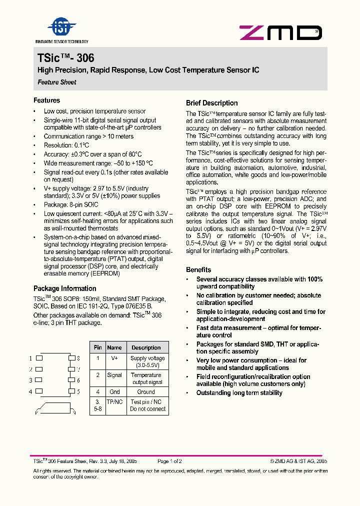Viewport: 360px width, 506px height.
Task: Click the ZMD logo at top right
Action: pyautogui.click(x=280, y=33)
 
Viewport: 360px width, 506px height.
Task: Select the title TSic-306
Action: pyautogui.click(x=65, y=58)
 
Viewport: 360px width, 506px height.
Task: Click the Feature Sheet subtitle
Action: pyautogui.click(x=57, y=82)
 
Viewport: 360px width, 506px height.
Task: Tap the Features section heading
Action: pyautogui.click(x=46, y=100)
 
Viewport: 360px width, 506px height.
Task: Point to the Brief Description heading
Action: pyautogui.click(x=211, y=103)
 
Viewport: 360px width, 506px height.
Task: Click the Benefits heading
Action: pyautogui.click(x=198, y=269)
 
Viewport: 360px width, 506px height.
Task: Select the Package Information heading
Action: pyautogui.click(x=64, y=288)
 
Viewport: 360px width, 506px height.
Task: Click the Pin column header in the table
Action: pyautogui.click(x=98, y=347)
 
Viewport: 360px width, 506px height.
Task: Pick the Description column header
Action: pyautogui.click(x=146, y=347)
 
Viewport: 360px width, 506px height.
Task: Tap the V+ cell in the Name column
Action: pyautogui.click(x=114, y=358)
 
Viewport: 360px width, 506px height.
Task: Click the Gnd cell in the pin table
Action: pyautogui.click(x=114, y=392)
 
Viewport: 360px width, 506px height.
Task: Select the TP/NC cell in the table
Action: pyautogui.click(x=114, y=402)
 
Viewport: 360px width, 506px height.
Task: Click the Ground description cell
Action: pyautogui.click(x=146, y=392)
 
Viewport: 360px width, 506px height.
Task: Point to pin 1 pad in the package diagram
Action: pyautogui.click(x=39, y=358)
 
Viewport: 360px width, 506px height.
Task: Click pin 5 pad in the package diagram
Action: pyautogui.click(x=71, y=391)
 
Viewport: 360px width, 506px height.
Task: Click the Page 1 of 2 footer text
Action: pyautogui.click(x=169, y=461)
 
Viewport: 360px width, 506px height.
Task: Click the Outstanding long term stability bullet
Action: pyautogui.click(x=239, y=393)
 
